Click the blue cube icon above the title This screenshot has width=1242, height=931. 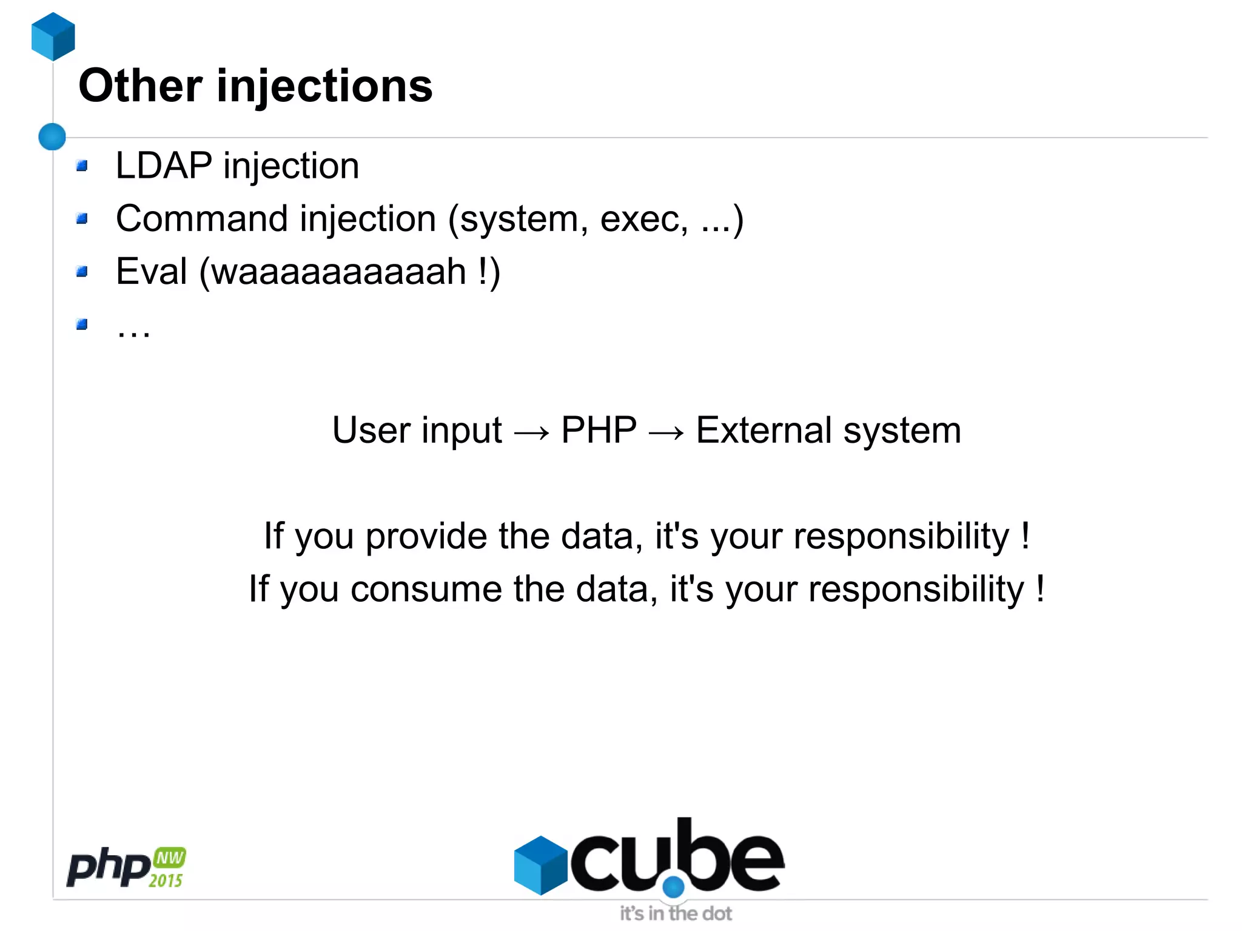click(x=53, y=36)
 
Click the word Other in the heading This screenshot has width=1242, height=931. click(x=140, y=86)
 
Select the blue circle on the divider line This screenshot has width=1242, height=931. click(x=52, y=136)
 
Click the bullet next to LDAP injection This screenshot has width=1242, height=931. click(x=82, y=166)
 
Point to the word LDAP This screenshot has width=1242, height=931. click(x=164, y=166)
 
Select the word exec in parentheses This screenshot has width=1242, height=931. click(x=643, y=220)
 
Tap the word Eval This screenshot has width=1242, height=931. click(x=152, y=271)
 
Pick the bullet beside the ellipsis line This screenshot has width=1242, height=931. click(x=82, y=324)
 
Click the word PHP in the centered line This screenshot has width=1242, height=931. click(x=599, y=430)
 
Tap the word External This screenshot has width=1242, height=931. click(x=764, y=430)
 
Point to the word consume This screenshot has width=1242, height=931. click(x=426, y=589)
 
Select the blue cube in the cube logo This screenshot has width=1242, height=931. click(x=540, y=865)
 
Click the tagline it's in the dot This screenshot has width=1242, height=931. click(x=676, y=913)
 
